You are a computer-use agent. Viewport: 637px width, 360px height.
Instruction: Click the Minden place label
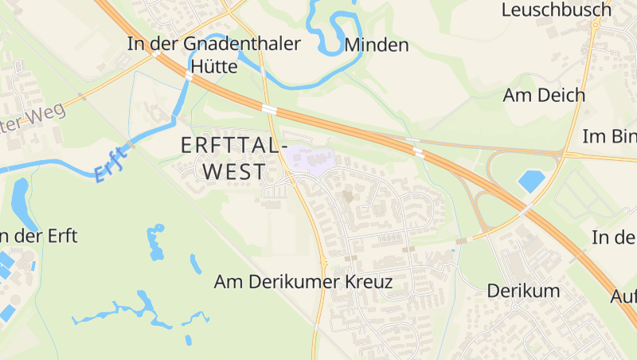pyautogui.click(x=377, y=45)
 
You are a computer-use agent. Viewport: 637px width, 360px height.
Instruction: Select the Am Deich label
pyautogui.click(x=544, y=95)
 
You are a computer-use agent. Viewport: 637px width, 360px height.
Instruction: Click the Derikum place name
pyautogui.click(x=523, y=290)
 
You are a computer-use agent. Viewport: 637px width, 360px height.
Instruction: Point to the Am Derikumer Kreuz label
pyautogui.click(x=304, y=282)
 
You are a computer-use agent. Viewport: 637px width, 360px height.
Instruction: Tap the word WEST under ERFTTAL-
pyautogui.click(x=234, y=171)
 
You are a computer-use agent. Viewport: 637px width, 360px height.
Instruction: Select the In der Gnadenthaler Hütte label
pyautogui.click(x=213, y=54)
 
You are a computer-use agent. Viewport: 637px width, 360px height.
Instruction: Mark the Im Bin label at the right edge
pyautogui.click(x=610, y=135)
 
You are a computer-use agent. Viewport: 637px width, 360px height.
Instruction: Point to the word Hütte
pyautogui.click(x=213, y=67)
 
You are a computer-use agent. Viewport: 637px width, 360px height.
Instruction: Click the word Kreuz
pyautogui.click(x=369, y=282)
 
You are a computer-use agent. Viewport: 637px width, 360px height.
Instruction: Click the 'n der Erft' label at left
pyautogui.click(x=39, y=237)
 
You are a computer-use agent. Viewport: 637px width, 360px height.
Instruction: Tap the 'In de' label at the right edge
pyautogui.click(x=613, y=237)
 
